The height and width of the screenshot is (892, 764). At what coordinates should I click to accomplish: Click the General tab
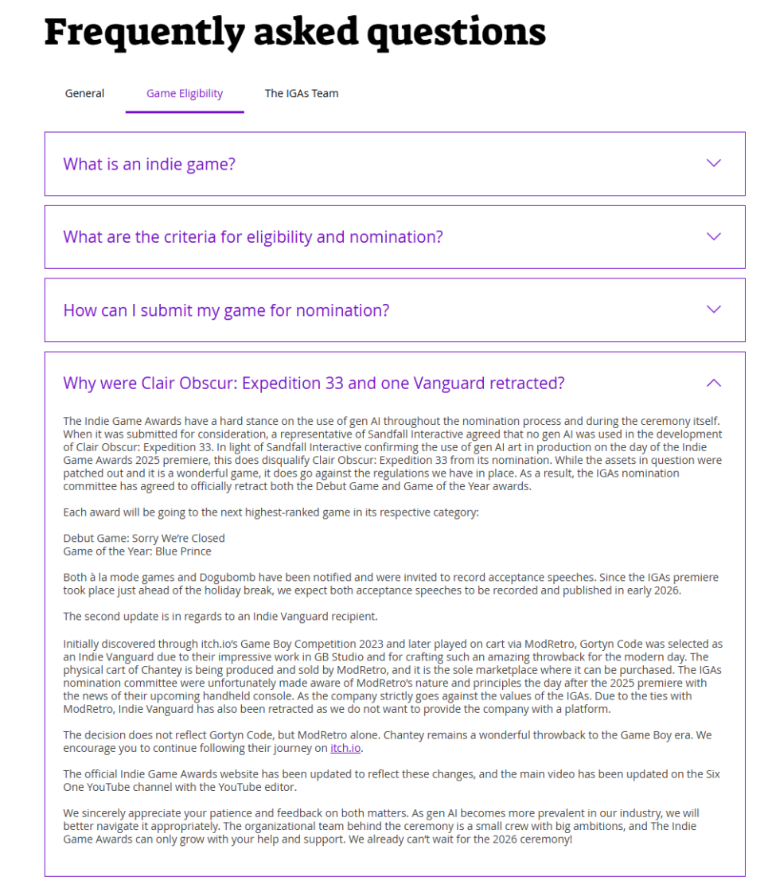(x=84, y=93)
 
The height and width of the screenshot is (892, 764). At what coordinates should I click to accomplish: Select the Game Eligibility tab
(x=185, y=93)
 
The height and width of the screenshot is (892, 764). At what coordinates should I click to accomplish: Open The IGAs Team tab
(x=301, y=93)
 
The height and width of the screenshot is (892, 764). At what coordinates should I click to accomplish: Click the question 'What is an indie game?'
(x=149, y=164)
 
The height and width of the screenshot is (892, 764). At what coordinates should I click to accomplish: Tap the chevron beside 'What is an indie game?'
(x=713, y=163)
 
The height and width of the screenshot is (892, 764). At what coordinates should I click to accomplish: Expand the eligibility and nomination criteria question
(x=252, y=237)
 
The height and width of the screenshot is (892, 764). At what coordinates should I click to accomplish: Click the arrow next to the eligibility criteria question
(x=713, y=236)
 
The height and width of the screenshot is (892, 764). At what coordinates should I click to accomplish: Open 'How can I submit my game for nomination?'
(x=226, y=310)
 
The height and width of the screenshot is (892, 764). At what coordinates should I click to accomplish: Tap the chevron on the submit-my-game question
(x=713, y=309)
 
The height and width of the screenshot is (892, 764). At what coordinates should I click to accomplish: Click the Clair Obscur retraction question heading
(x=314, y=384)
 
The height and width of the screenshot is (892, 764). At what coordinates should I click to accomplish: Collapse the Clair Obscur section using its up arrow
(x=713, y=383)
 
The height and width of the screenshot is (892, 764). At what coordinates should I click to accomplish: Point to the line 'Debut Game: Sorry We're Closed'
(x=144, y=538)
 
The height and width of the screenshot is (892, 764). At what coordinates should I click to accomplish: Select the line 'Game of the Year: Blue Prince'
(x=137, y=551)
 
